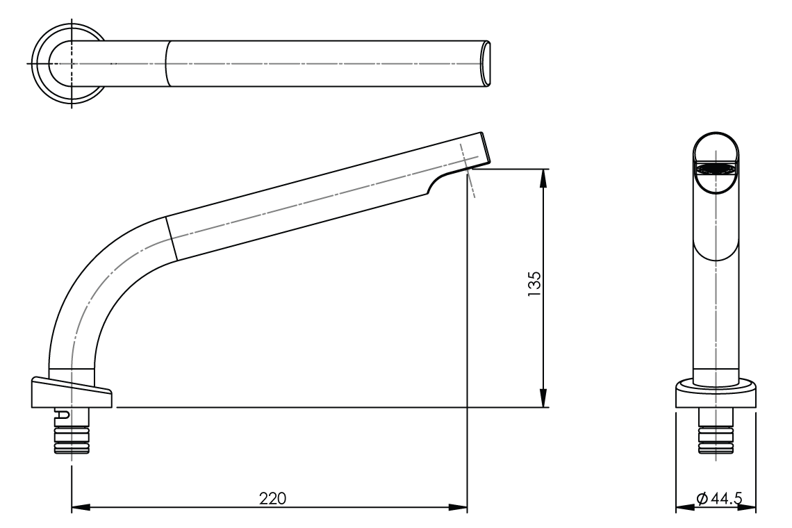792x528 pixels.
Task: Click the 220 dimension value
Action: [272, 498]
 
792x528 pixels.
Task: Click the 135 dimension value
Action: [534, 284]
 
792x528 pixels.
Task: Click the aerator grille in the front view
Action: [716, 169]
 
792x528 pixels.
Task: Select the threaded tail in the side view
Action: [72, 440]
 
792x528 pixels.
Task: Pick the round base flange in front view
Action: [716, 394]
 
